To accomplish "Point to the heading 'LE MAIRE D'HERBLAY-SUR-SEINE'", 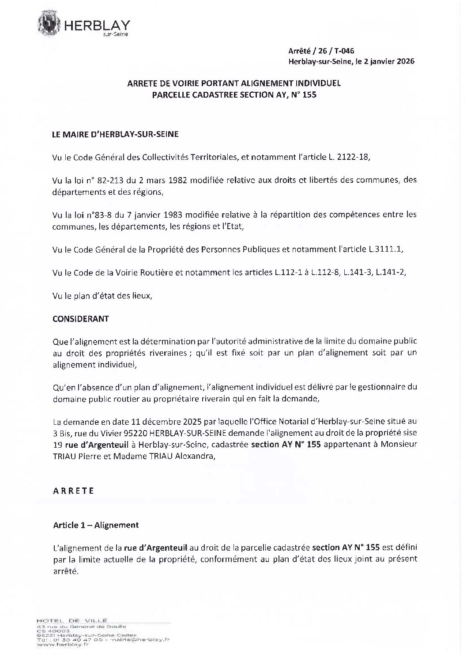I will click(x=115, y=134).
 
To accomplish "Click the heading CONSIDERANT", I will click(x=80, y=318).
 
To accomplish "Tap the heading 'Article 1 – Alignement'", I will click(x=96, y=525).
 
